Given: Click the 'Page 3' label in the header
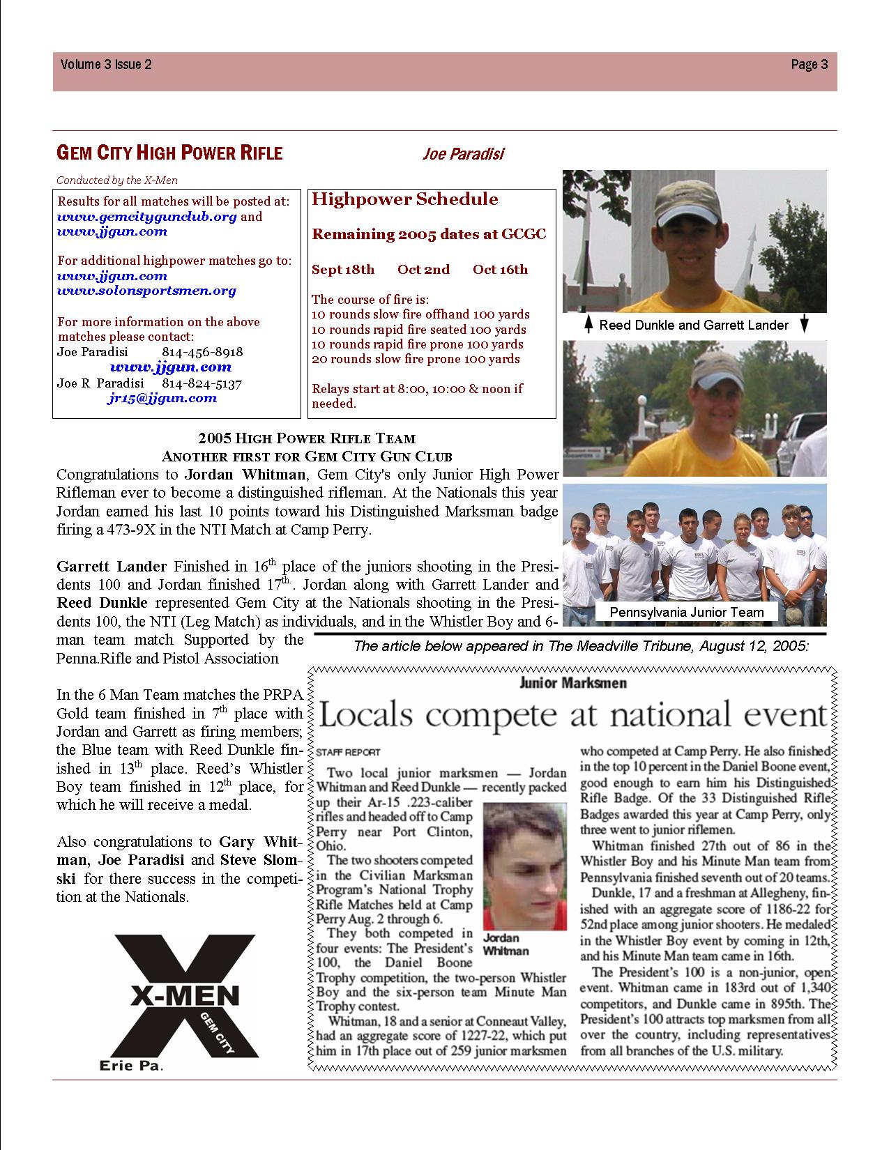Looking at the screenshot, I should [x=809, y=65].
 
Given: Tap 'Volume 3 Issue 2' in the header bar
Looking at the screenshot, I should [x=106, y=65].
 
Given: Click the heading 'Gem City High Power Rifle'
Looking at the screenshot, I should [x=169, y=153].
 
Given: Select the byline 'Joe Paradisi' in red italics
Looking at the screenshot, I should [x=462, y=153].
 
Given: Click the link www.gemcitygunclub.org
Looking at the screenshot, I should [x=147, y=216].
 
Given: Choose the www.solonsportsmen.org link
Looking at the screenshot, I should [x=146, y=291].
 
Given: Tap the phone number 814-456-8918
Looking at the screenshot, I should [x=202, y=352].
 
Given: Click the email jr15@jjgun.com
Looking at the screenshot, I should [x=162, y=398].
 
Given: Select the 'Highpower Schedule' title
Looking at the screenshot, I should [x=405, y=199].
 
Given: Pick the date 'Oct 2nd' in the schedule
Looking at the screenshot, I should [x=423, y=270].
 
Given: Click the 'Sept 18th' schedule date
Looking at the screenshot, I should [x=343, y=270].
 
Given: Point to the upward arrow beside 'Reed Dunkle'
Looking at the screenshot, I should [x=588, y=324].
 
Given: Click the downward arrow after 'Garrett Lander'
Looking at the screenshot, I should [x=804, y=324].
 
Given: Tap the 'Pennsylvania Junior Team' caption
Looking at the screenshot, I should [x=687, y=612].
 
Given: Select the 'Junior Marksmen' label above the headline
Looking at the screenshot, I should [x=573, y=683].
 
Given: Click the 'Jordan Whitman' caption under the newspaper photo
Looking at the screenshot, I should [x=506, y=944].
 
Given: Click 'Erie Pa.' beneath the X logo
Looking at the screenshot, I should [x=132, y=1066].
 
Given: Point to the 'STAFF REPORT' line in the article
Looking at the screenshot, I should [x=349, y=752].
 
